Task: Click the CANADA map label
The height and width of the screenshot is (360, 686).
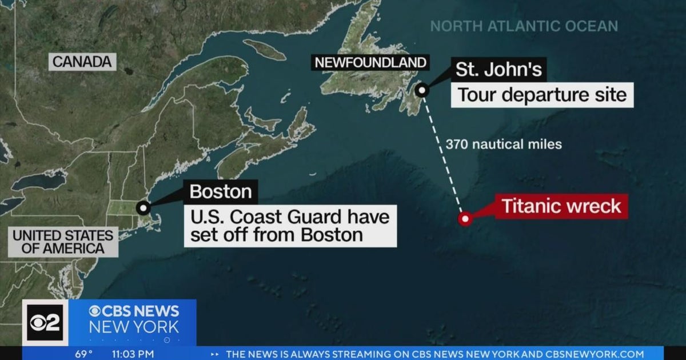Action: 82,62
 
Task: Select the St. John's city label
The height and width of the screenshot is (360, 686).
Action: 498,70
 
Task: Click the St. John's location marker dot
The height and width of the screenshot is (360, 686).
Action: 422,90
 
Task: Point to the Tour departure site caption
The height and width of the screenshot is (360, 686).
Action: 541,94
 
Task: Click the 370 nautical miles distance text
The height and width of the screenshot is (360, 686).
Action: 504,145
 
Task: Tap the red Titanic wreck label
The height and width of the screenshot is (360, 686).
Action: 561,206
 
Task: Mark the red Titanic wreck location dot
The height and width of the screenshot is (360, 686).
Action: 465,218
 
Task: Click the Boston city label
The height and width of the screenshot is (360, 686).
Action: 220,191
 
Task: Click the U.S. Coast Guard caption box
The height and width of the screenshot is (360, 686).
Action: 290,226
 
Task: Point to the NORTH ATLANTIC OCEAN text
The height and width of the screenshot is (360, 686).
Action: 524,26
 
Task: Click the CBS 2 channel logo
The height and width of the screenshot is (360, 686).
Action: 45,323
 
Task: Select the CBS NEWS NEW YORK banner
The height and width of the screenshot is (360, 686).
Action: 134,319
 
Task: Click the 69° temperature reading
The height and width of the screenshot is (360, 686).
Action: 84,354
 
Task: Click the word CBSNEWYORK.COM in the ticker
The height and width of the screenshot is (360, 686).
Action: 595,354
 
